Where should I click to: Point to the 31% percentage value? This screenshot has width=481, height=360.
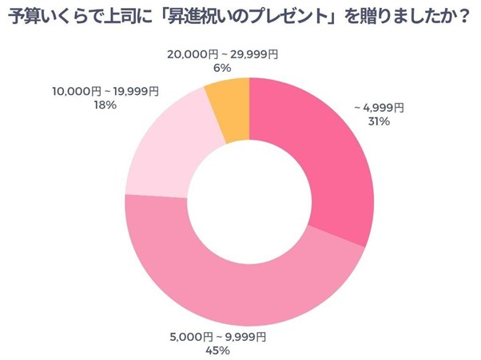[379, 121]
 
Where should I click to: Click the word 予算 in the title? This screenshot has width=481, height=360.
[26, 17]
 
